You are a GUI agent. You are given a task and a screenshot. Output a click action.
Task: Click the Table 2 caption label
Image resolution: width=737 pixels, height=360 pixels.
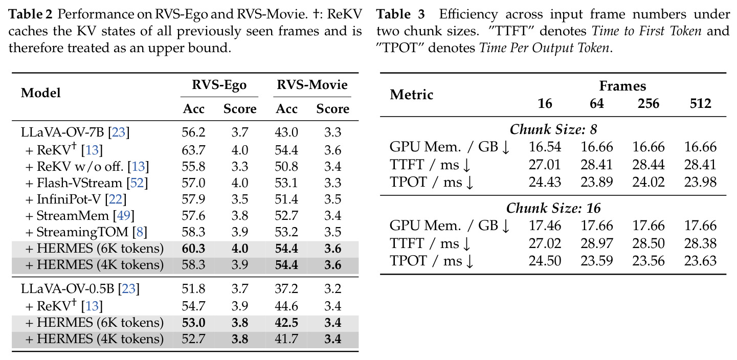click(x=30, y=14)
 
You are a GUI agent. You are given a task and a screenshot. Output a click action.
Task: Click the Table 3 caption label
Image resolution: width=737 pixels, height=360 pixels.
click(x=400, y=14)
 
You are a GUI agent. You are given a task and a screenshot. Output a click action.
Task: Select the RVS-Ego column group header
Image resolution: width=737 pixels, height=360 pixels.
click(x=219, y=84)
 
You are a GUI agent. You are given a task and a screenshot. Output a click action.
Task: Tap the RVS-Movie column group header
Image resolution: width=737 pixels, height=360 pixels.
click(x=312, y=84)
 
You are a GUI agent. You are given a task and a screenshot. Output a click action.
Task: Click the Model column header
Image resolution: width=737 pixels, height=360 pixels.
click(x=41, y=93)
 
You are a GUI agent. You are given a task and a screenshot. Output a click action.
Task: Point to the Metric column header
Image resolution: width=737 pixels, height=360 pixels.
click(x=412, y=95)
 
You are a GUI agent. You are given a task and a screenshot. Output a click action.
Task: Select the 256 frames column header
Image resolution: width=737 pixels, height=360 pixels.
click(x=649, y=104)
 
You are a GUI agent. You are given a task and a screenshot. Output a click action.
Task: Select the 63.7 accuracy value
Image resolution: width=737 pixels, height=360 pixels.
click(x=193, y=150)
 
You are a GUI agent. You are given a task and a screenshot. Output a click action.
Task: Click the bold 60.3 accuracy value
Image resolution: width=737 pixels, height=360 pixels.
click(x=193, y=249)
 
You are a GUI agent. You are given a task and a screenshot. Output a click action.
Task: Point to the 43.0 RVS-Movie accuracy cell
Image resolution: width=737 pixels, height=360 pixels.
click(x=286, y=132)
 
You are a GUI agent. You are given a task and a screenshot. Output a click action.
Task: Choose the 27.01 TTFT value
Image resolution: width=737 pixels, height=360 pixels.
click(x=545, y=165)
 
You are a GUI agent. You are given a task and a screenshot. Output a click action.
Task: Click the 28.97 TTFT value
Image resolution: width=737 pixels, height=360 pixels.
click(x=596, y=243)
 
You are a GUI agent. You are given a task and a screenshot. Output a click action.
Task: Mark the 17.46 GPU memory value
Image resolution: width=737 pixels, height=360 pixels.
click(x=545, y=226)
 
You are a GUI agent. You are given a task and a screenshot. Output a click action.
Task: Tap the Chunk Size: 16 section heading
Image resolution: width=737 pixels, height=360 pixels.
click(x=553, y=208)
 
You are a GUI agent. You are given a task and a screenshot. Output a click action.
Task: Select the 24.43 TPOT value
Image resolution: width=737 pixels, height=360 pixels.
click(x=545, y=182)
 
